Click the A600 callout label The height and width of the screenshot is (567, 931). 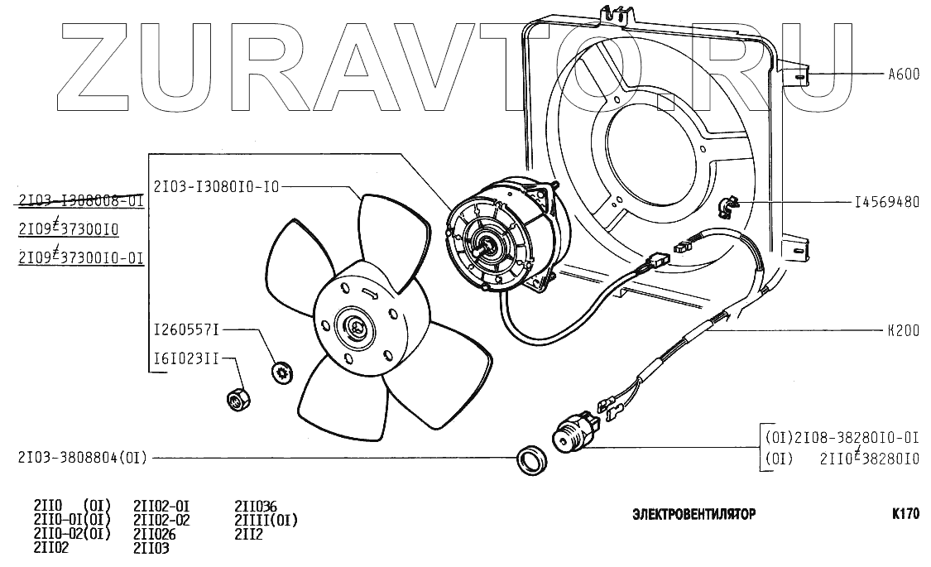(x=903, y=74)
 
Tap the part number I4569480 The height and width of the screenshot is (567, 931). (x=886, y=202)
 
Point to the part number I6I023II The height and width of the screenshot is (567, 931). (x=186, y=359)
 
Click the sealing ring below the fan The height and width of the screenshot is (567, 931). (x=530, y=460)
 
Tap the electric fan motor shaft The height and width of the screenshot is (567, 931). (x=485, y=243)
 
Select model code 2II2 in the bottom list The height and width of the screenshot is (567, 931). (x=248, y=534)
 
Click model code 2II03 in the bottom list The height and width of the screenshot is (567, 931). (x=151, y=548)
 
